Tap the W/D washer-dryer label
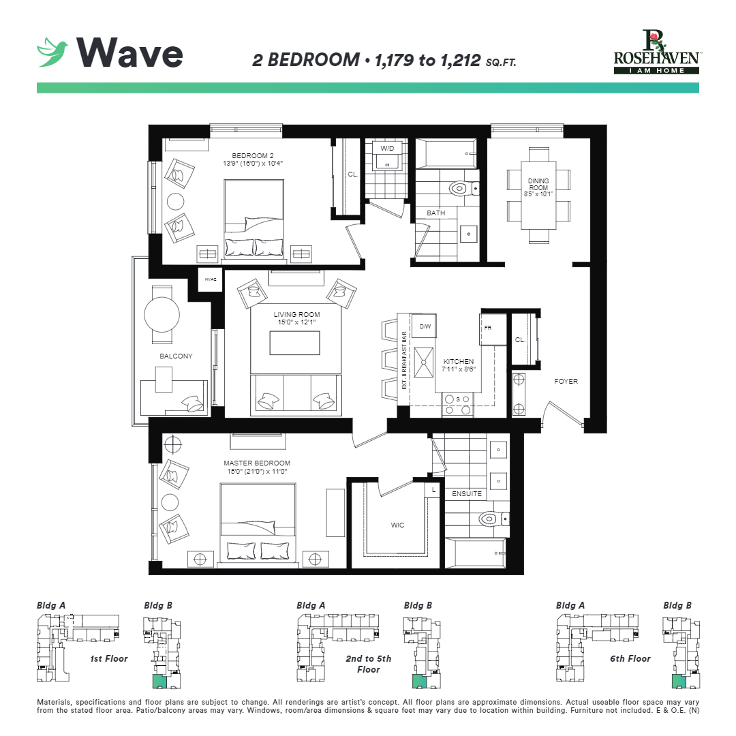click(387, 148)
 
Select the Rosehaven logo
click(656, 52)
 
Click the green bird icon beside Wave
click(53, 52)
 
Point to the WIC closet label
click(397, 525)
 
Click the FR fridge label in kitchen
click(488, 328)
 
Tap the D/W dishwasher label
click(425, 327)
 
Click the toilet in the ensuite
click(491, 519)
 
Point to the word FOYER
click(566, 381)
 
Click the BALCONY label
click(176, 356)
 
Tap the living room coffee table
click(294, 343)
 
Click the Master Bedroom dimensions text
click(256, 472)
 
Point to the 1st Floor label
click(108, 659)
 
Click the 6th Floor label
click(630, 659)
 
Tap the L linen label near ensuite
click(433, 489)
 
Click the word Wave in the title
click(130, 52)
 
